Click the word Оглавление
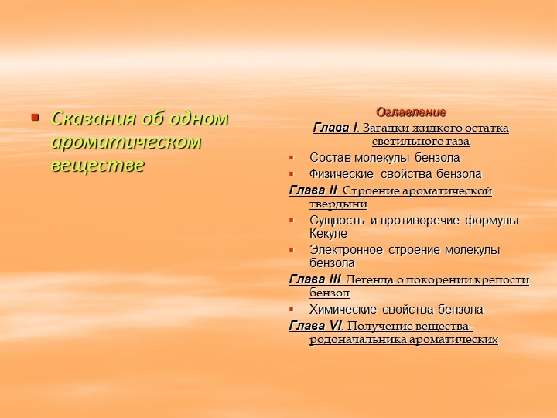tap(411, 112)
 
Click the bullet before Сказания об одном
tap(34, 118)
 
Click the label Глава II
tap(313, 190)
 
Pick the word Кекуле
tap(328, 234)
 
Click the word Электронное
tap(344, 250)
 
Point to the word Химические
tap(340, 310)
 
